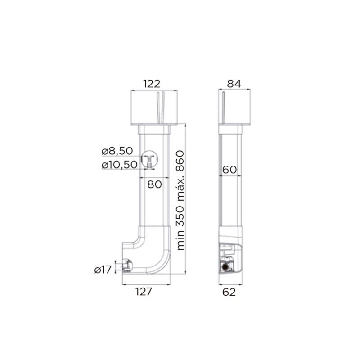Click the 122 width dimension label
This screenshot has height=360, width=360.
152,84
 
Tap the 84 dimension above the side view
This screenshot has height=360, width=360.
234,84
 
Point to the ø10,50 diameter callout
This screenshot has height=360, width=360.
119,165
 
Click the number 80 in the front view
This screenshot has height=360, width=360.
154,184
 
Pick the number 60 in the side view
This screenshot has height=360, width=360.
229,170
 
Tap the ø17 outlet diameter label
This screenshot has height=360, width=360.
103,270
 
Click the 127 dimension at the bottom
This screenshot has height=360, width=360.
145,292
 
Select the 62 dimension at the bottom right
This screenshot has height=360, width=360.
229,292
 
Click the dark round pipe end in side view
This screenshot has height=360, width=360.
224,267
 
